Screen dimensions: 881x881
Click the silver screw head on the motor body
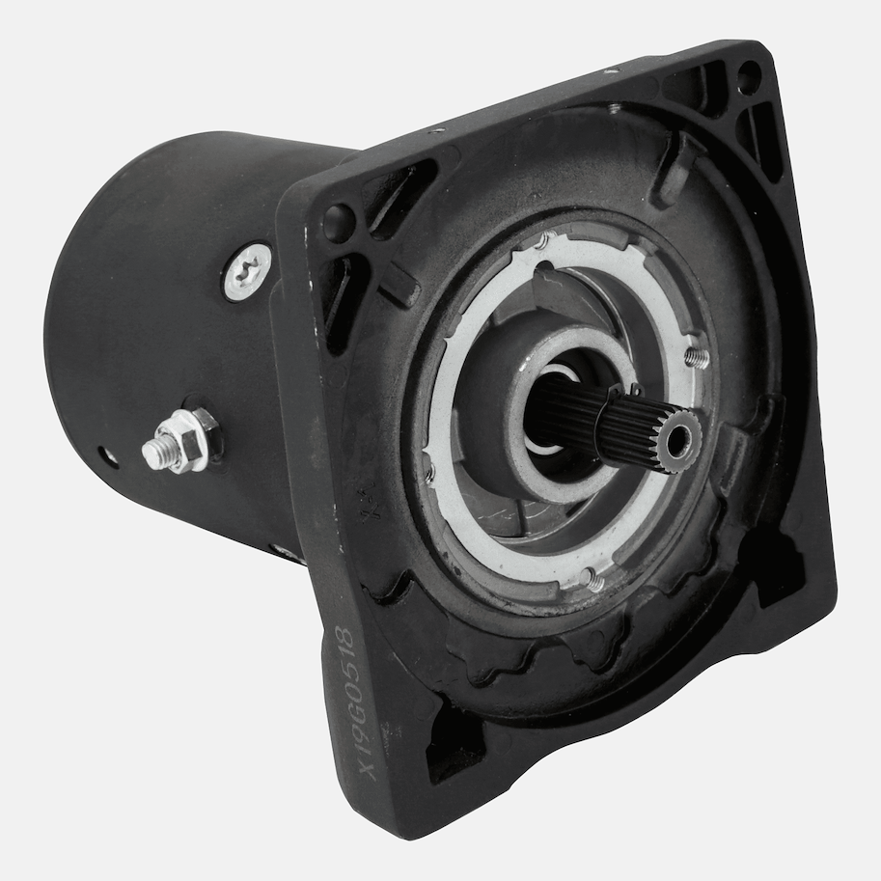point(248,271)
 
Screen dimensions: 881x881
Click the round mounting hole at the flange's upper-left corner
point(338,223)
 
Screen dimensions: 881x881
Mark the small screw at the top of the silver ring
point(545,241)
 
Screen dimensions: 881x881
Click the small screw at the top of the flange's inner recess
point(615,108)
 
